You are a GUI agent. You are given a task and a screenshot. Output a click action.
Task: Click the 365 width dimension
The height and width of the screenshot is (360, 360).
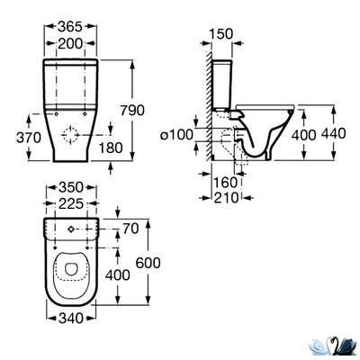click(70, 27)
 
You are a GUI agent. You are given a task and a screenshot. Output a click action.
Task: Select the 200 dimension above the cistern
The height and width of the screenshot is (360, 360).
click(70, 44)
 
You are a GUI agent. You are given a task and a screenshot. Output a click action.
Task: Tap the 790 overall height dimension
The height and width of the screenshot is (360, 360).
click(132, 111)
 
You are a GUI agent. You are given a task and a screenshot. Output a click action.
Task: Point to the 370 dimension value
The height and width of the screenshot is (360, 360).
click(29, 138)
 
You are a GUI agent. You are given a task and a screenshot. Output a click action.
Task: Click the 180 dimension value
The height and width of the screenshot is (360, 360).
click(111, 148)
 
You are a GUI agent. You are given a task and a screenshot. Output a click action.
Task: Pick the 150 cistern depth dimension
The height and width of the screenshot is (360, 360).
click(220, 34)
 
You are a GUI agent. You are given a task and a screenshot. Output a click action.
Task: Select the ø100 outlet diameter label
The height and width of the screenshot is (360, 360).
click(176, 135)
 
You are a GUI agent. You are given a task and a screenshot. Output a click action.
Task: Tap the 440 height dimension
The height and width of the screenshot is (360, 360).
click(334, 133)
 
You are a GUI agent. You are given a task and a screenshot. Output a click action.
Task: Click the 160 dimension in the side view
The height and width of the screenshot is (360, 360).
click(225, 182)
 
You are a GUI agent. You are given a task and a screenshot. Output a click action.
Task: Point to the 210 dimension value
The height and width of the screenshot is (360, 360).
click(226, 198)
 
